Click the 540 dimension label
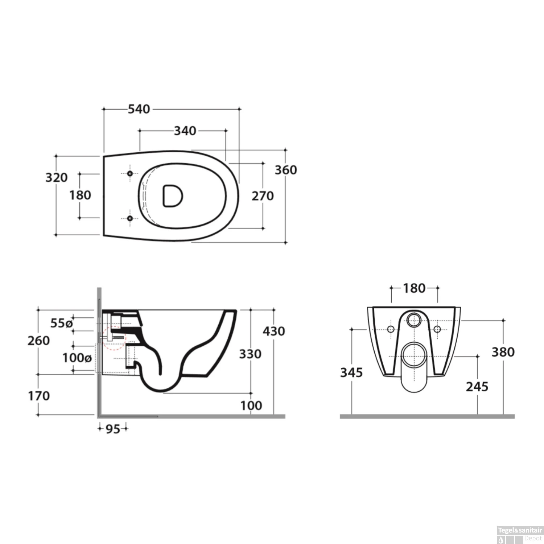click(x=139, y=109)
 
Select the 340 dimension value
click(x=185, y=131)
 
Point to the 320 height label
click(x=57, y=177)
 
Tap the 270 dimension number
click(x=263, y=196)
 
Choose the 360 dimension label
click(x=286, y=170)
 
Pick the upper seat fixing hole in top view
click(x=130, y=174)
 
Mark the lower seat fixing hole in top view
click(x=130, y=218)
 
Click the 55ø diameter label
click(x=61, y=323)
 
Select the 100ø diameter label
click(x=77, y=358)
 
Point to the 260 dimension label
click(x=39, y=341)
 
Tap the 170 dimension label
click(x=39, y=396)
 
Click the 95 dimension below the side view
click(x=113, y=429)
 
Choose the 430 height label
click(x=274, y=331)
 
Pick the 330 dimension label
click(x=250, y=354)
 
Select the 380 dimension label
click(x=503, y=352)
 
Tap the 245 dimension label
click(x=477, y=387)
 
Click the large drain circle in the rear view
click(x=414, y=355)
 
